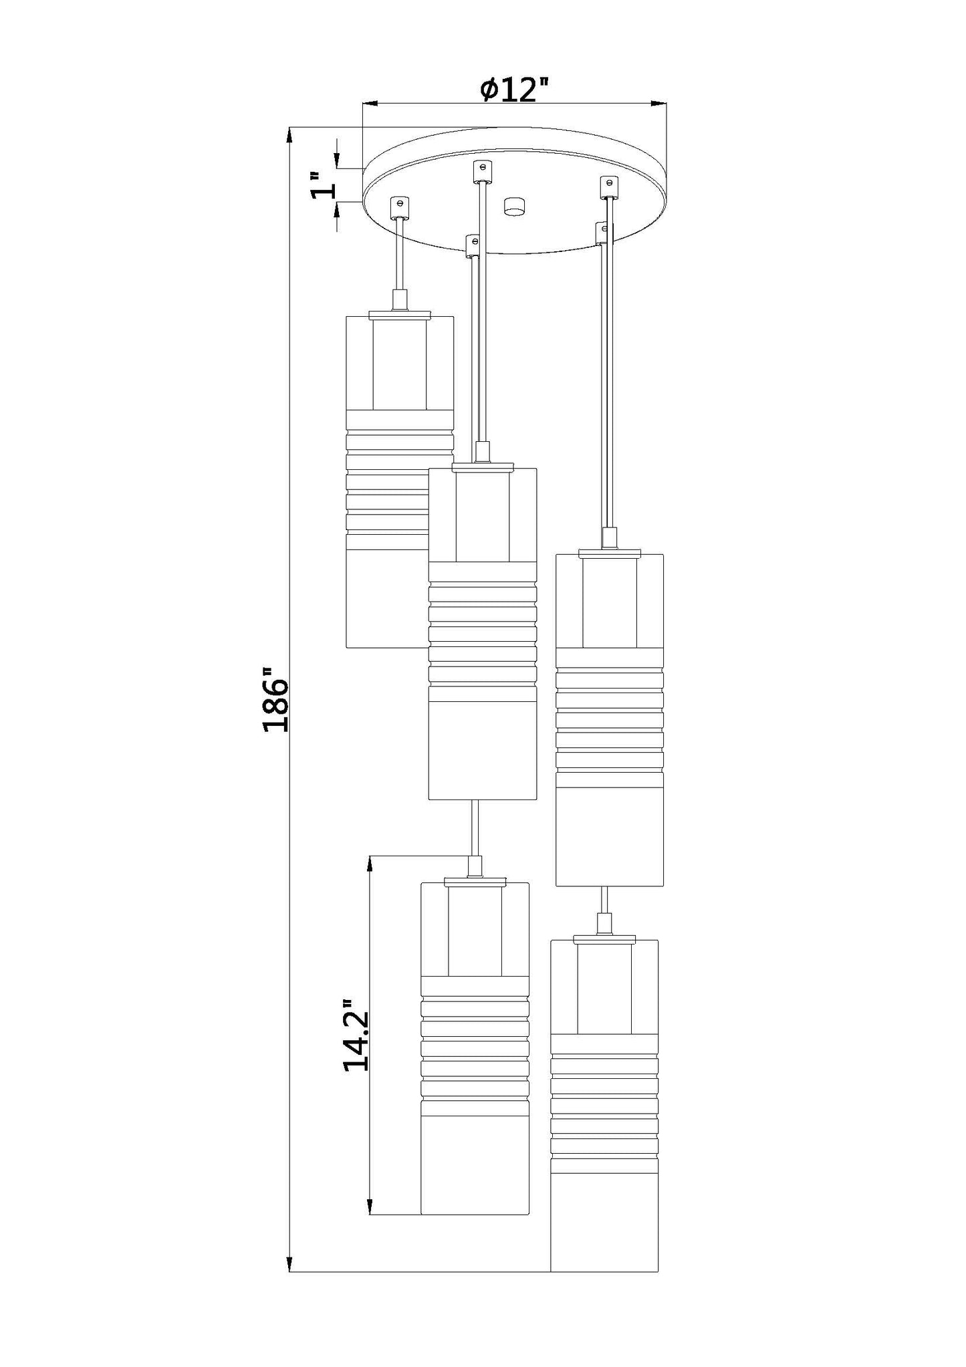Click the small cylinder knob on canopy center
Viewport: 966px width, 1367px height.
click(514, 206)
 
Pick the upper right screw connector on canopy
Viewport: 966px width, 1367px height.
click(607, 187)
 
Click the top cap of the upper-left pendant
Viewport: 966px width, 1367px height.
click(399, 313)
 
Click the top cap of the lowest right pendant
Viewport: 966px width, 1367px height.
click(604, 939)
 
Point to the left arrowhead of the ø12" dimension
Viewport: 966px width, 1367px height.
click(370, 104)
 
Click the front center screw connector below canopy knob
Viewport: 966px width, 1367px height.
click(473, 245)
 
